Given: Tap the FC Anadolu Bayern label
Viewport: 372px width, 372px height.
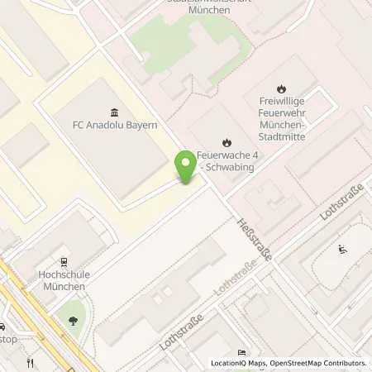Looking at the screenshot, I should (115, 129).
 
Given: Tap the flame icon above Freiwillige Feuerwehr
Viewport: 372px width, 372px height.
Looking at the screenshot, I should (282, 88).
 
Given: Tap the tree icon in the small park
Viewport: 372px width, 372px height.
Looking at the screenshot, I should (73, 320).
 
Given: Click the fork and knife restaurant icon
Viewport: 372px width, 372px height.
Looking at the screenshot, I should (31, 361).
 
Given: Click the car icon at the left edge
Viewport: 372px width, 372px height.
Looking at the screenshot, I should (2, 326).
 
